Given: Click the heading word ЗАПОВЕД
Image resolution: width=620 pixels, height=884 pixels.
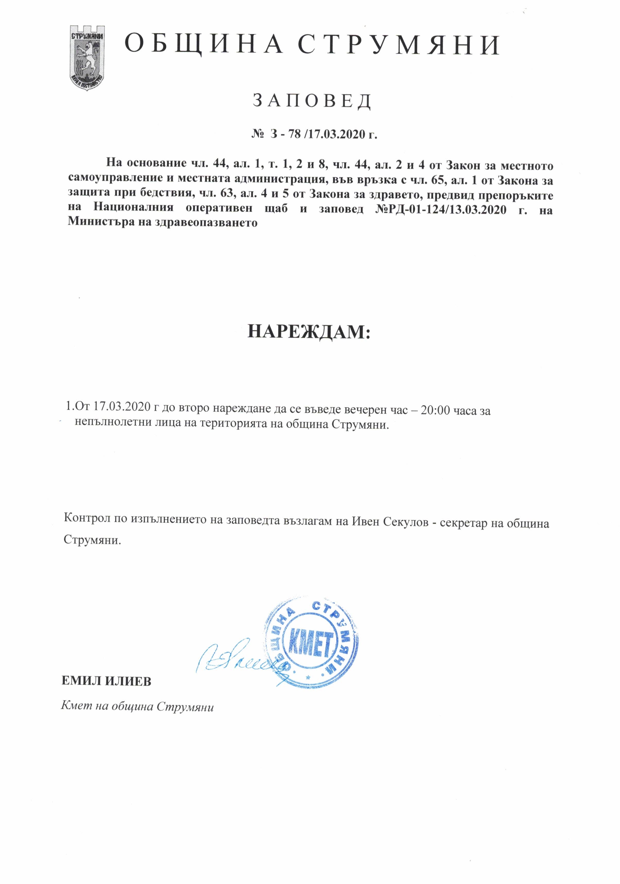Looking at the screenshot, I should click(x=312, y=101).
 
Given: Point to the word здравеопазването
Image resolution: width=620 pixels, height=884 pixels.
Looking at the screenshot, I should click(x=206, y=223).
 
